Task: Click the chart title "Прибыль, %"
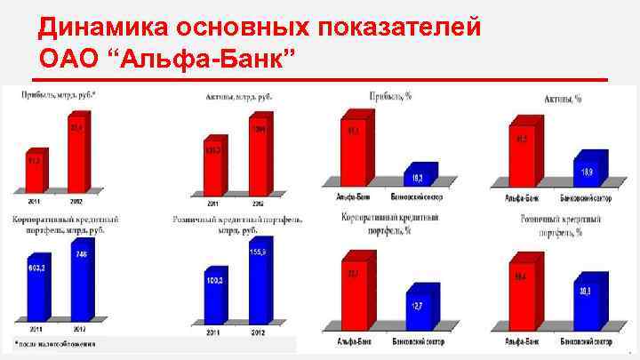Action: point(388,94)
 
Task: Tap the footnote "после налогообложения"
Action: point(55,342)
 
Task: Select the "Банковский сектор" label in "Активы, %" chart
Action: point(586,196)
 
